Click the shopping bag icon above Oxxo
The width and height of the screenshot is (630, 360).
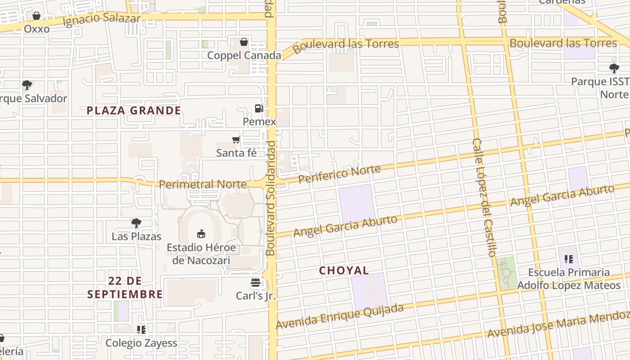[x=36, y=16]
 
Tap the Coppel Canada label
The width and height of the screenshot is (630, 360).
[x=244, y=55]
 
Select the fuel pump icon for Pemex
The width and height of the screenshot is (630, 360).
[x=259, y=108]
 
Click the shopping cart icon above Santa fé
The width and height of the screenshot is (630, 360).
[x=236, y=140]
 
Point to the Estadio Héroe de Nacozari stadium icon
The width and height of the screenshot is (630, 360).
[x=201, y=234]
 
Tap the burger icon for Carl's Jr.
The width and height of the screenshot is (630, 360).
[x=256, y=283]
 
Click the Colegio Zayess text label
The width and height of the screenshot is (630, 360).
[x=141, y=343]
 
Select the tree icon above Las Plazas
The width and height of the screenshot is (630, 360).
[x=136, y=223]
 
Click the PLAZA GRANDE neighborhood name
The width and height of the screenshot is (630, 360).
[x=134, y=111]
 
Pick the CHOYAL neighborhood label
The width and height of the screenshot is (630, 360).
[x=344, y=270]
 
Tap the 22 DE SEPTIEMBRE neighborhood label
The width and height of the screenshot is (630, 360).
[x=125, y=288]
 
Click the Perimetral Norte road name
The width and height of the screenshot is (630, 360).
[x=202, y=184]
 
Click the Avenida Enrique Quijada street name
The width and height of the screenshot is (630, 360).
[x=340, y=316]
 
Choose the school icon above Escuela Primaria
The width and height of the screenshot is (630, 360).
[x=569, y=259]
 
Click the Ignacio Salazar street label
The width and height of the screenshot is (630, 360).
[x=102, y=20]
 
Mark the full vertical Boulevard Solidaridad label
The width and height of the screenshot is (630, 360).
[x=270, y=198]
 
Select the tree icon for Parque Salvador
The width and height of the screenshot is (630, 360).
[x=27, y=85]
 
